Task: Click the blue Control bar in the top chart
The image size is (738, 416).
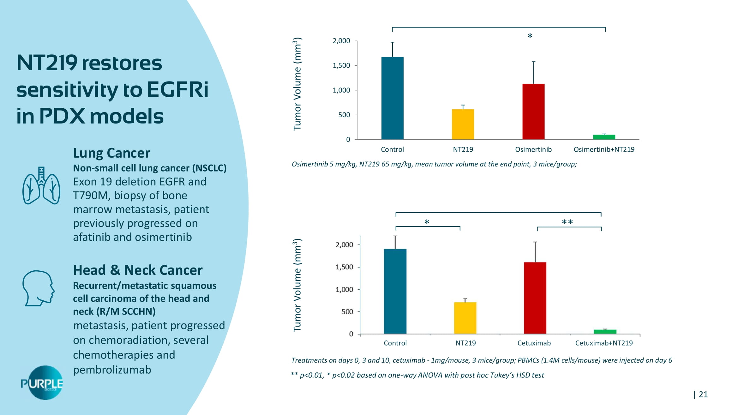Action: [392, 98]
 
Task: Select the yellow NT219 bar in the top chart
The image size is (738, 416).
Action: [463, 124]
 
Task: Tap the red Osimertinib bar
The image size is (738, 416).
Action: [533, 111]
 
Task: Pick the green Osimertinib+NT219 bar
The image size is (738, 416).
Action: [604, 137]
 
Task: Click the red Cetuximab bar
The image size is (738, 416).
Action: [535, 298]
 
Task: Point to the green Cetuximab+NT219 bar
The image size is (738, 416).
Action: [605, 332]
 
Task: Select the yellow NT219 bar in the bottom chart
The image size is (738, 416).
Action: [465, 318]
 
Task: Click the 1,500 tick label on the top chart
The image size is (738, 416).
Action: [341, 66]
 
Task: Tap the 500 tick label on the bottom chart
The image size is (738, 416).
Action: [347, 312]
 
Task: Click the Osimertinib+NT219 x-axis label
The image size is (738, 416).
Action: [604, 149]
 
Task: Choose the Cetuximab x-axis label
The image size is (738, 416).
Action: [534, 343]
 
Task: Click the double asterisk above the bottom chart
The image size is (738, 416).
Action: [567, 222]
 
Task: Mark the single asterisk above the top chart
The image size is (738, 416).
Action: [530, 36]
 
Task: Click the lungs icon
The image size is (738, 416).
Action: [41, 186]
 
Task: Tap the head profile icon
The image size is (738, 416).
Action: [38, 288]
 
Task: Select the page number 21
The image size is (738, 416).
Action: [703, 394]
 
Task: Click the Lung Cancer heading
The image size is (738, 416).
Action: [111, 153]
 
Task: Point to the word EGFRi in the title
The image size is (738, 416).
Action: [177, 90]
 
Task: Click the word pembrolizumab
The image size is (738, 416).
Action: [112, 370]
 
